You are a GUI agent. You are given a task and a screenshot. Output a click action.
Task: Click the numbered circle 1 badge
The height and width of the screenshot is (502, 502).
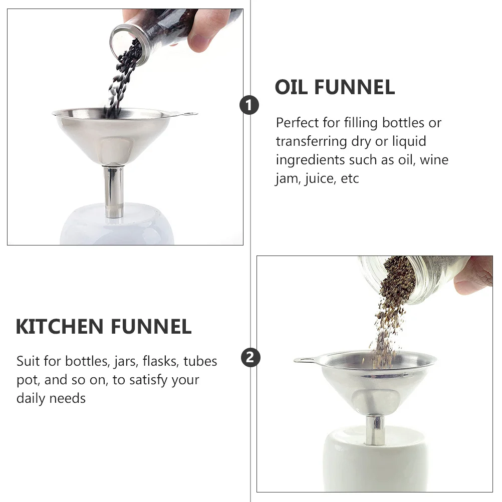tap(249, 105)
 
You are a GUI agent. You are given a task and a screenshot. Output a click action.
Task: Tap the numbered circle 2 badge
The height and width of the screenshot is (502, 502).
tap(250, 358)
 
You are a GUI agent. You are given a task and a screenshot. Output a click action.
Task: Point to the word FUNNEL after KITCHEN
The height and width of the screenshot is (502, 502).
tap(151, 327)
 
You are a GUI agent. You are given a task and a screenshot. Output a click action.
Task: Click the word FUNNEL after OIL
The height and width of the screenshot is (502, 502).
tap(355, 87)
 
